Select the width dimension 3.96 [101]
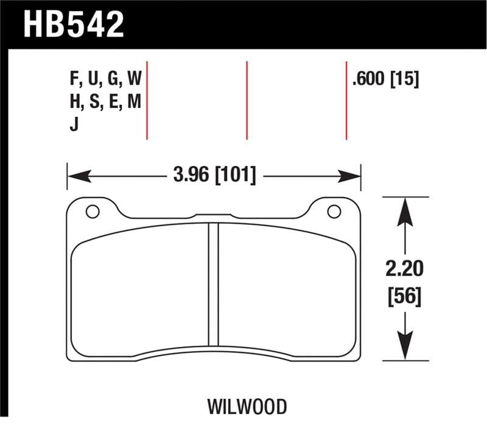[x=214, y=177]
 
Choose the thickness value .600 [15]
[x=385, y=79]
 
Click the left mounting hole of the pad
[x=93, y=212]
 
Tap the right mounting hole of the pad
[x=334, y=212]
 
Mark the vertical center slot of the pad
[x=213, y=284]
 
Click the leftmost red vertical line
[x=147, y=101]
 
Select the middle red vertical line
[x=247, y=101]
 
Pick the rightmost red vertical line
[x=346, y=101]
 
